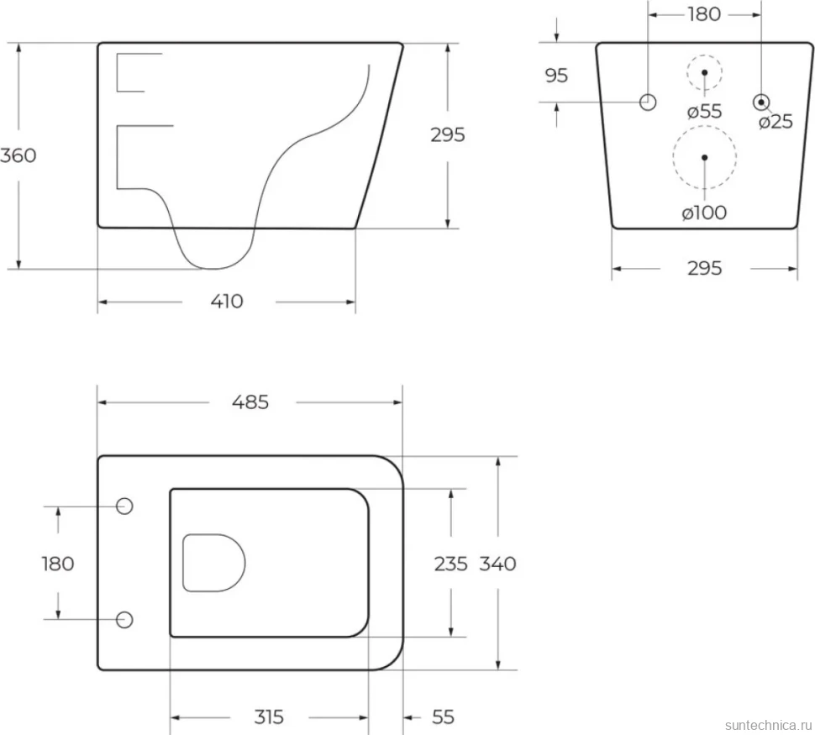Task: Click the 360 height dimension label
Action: pos(18,155)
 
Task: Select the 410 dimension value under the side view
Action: pos(227,302)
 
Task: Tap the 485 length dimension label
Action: pos(250,402)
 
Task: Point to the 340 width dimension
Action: pos(497,564)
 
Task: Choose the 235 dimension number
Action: pos(450,564)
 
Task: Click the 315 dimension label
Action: pos(269,717)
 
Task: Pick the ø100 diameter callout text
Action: pos(704,213)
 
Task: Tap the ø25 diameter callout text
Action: pos(776,122)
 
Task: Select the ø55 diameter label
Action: pos(704,111)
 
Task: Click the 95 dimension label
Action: pos(556,76)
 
